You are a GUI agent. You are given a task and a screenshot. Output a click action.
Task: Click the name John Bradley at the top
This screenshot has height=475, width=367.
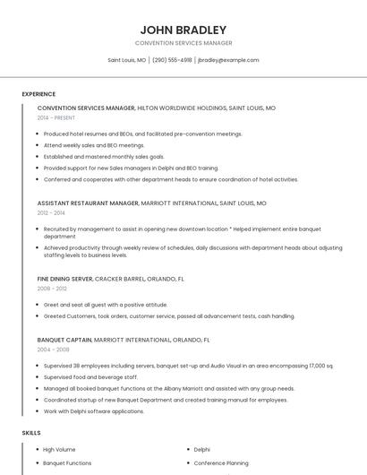183,30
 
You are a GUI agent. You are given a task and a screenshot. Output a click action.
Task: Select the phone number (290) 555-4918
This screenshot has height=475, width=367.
172,60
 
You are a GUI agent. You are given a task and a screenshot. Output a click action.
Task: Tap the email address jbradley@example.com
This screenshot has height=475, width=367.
228,60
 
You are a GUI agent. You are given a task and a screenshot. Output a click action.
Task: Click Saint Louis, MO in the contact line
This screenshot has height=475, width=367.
127,60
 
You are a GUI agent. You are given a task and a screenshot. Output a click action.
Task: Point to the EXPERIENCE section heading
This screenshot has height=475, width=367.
38,94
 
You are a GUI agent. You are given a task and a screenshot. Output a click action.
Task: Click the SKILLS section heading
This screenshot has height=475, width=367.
31,433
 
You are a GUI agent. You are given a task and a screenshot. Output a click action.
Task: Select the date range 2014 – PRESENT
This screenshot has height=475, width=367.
56,117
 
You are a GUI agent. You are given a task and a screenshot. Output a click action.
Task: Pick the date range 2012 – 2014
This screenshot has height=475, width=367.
51,213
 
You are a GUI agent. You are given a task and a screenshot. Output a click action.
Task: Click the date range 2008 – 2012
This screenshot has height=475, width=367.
51,289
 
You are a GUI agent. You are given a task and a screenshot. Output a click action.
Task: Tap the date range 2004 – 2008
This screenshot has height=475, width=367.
53,350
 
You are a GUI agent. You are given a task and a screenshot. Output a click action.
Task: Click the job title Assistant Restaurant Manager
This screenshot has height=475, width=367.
88,203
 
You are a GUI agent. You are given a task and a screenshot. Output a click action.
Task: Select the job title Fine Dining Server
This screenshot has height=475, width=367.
65,279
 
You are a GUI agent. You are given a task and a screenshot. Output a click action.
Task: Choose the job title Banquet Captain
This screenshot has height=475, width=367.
64,341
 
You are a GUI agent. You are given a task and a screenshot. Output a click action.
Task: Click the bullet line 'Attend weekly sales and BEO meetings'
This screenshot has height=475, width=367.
94,145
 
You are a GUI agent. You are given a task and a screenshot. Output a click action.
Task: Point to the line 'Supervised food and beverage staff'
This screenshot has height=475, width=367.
91,377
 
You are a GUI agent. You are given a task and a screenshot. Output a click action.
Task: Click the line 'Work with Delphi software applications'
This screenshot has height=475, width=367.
94,411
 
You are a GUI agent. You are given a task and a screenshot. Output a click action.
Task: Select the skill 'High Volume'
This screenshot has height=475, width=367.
59,449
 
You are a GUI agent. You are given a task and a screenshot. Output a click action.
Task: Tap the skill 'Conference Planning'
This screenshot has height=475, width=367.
221,463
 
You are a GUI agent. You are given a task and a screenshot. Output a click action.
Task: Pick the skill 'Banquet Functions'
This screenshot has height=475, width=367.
67,463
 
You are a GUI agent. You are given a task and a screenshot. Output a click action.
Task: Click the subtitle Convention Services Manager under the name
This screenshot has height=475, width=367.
183,43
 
